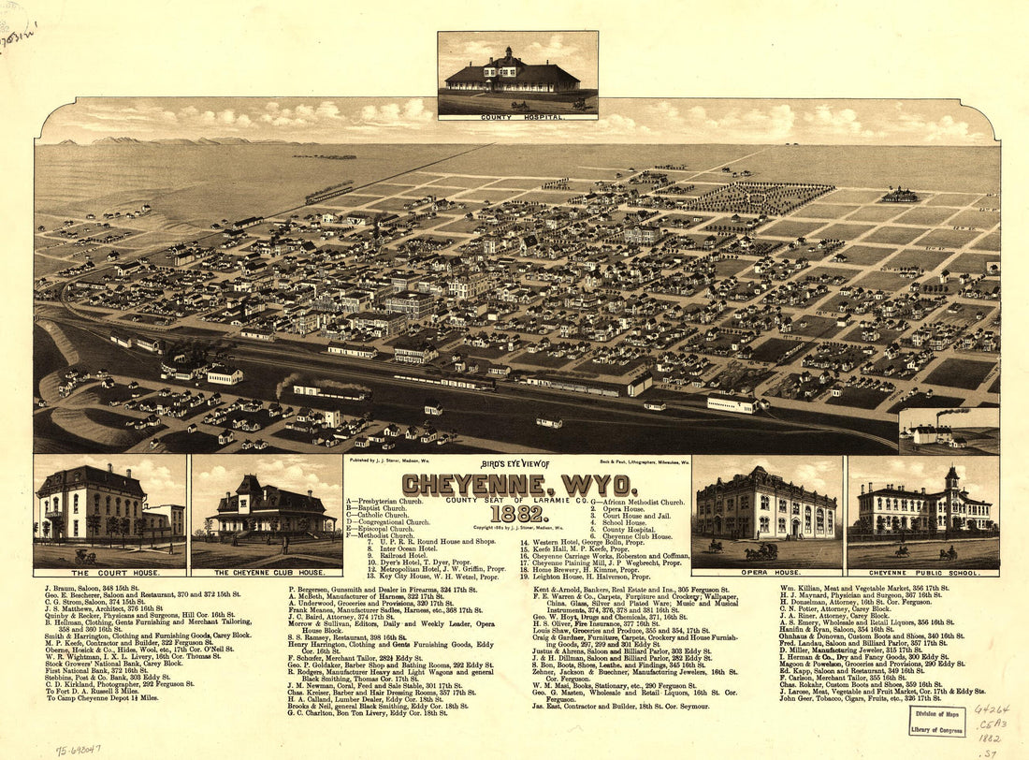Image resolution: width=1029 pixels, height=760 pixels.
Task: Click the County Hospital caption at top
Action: tap(517, 118)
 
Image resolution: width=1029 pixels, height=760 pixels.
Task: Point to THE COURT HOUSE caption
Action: tap(110, 572)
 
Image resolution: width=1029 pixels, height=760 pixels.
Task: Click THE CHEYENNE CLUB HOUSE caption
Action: tap(268, 572)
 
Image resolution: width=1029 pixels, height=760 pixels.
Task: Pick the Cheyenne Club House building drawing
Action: tap(268, 510)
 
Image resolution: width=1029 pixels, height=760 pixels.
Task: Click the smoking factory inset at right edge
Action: tap(948, 430)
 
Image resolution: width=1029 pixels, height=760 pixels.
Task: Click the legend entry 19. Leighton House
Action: tap(585, 577)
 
